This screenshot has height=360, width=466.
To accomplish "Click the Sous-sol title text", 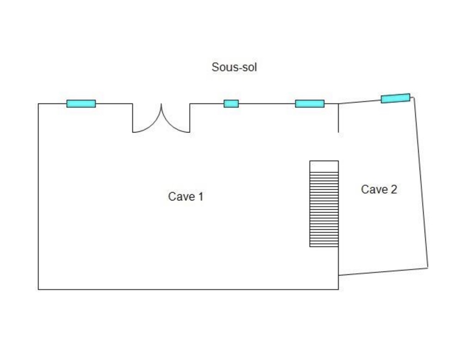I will [234, 67].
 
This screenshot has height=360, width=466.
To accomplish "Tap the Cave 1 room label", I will [185, 196].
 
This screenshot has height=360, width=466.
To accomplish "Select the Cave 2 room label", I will [379, 189].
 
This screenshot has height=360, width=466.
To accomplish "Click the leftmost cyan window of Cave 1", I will [81, 104].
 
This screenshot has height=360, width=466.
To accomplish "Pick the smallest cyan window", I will [231, 104].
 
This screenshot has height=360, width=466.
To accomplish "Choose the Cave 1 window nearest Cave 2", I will [310, 104].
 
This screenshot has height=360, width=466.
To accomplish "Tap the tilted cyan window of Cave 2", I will [395, 98].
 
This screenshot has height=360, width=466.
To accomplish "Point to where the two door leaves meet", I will [161, 105].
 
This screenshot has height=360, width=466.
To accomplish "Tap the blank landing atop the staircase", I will [324, 166].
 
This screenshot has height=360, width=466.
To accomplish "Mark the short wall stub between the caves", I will [338, 118].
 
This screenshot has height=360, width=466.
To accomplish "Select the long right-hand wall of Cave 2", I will [421, 183].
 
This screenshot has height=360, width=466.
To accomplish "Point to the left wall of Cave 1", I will [38, 196].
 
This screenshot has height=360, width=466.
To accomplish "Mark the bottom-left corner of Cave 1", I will [38, 289].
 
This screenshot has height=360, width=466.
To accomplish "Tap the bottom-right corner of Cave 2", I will [428, 267].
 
